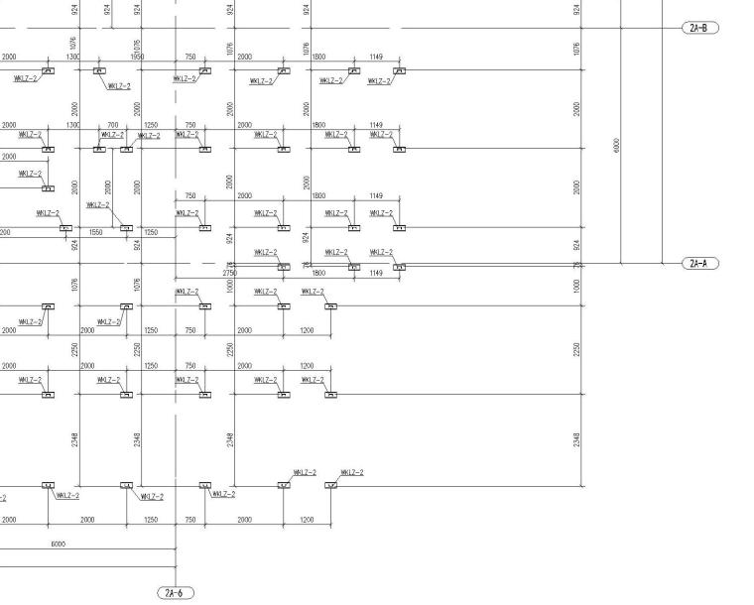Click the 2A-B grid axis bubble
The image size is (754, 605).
(x=698, y=28)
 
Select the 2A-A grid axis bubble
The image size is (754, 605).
(x=698, y=264)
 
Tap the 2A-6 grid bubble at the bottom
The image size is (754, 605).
(x=176, y=593)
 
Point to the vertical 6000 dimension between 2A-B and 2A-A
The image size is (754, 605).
(x=616, y=145)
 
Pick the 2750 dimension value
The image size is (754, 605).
(x=229, y=272)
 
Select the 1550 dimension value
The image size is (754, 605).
(x=96, y=232)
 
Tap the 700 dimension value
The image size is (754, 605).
(x=112, y=126)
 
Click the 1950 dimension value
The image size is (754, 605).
(x=137, y=57)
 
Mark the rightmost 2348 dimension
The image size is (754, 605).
(x=577, y=438)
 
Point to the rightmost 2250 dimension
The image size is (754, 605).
(x=577, y=349)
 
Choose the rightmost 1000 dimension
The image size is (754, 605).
(x=577, y=285)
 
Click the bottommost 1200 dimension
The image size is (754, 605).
(x=307, y=520)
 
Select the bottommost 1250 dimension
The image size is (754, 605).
(x=151, y=520)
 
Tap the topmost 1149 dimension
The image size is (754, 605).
(x=376, y=57)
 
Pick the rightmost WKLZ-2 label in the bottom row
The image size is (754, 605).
(x=352, y=472)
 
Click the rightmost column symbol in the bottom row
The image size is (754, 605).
(x=330, y=485)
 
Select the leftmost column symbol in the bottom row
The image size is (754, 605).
(x=48, y=485)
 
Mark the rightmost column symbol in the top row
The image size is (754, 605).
(x=399, y=71)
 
